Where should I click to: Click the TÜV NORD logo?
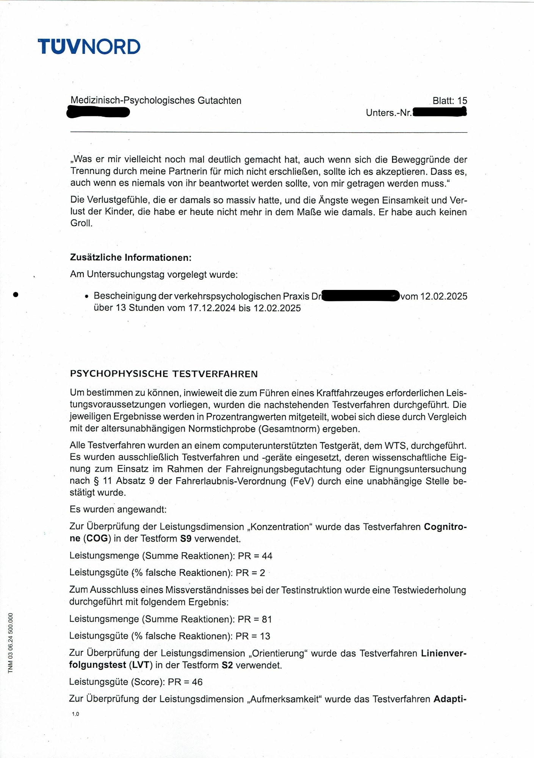point(89,47)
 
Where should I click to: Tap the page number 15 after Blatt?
point(462,101)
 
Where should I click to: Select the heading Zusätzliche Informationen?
point(131,258)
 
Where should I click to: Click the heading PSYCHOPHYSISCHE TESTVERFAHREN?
point(164,374)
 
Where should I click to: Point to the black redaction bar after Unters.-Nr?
point(439,112)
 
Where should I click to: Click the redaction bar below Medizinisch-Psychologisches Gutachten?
point(98,113)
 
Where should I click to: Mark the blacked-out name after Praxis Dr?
point(360,296)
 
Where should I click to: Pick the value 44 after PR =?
point(267,556)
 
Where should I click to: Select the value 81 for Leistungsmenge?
point(267,619)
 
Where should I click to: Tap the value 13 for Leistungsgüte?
point(265,636)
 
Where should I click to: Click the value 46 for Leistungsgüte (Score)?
point(197,682)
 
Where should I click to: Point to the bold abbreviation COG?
point(97,539)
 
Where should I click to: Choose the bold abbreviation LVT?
point(141,665)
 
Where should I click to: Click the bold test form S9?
point(186,539)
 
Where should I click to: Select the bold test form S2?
point(227,665)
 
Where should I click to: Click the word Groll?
point(81,223)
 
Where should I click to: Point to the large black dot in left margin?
point(16,294)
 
